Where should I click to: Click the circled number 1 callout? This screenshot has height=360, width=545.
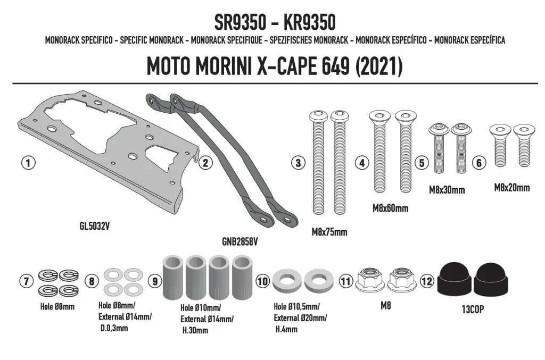click(x=28, y=163)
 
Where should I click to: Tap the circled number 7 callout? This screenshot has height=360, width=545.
click(x=27, y=281)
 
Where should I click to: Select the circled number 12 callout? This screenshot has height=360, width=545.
click(x=427, y=281)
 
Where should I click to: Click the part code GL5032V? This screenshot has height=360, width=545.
click(x=95, y=226)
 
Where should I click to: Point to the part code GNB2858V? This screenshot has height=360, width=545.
click(x=240, y=241)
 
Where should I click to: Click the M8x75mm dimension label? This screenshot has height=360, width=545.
click(x=329, y=232)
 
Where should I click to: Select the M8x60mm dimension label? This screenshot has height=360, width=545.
click(x=390, y=208)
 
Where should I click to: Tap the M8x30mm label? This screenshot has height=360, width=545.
click(x=447, y=190)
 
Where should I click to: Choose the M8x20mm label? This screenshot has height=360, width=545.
click(x=512, y=188)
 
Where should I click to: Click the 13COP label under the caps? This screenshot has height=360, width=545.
click(x=473, y=309)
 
